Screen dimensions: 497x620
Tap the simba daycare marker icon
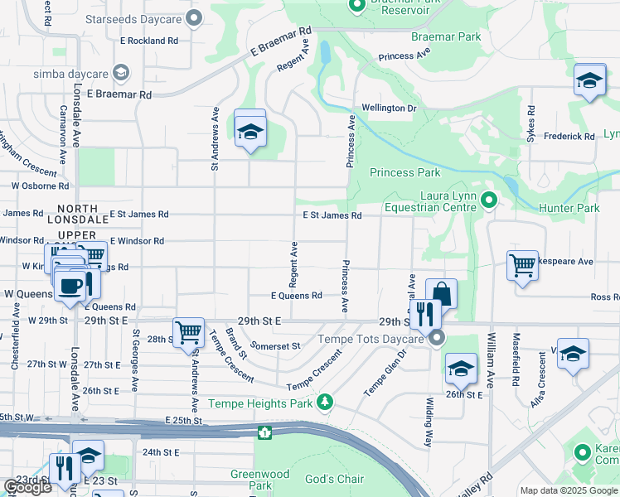pyautogui.click(x=121, y=74)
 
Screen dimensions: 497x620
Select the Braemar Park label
pyautogui.click(x=445, y=37)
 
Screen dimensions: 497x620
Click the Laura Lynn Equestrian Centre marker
pyautogui.click(x=489, y=200)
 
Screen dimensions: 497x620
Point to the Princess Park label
pyautogui.click(x=405, y=173)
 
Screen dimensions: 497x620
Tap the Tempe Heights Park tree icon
pyautogui.click(x=327, y=402)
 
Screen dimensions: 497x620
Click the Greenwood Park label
pyautogui.click(x=259, y=480)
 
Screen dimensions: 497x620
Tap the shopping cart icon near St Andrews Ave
pyautogui.click(x=189, y=333)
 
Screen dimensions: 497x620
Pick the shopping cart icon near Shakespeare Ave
pyautogui.click(x=522, y=265)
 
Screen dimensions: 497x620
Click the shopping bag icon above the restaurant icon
pyautogui.click(x=442, y=293)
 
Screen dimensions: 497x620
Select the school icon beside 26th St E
pyautogui.click(x=461, y=369)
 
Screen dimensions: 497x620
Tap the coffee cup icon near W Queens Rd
pyautogui.click(x=71, y=285)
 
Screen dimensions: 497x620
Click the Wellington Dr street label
pyautogui.click(x=389, y=109)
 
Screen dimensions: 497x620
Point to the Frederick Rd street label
pyautogui.click(x=570, y=136)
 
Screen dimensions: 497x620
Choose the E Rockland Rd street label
pyautogui.click(x=149, y=40)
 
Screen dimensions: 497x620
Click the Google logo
pyautogui.click(x=28, y=486)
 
